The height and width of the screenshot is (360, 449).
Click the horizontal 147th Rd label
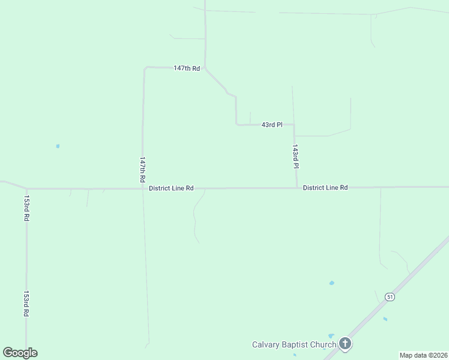click(x=186, y=68)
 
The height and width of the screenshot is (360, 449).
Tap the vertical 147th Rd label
click(x=142, y=170)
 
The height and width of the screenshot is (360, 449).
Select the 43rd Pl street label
click(x=271, y=125)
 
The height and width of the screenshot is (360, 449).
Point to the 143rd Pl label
click(x=295, y=156)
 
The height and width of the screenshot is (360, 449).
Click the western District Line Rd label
click(x=171, y=188)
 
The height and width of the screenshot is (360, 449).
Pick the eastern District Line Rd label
click(x=325, y=188)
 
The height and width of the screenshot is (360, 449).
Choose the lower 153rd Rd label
click(x=26, y=304)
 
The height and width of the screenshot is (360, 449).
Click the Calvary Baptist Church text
click(x=294, y=344)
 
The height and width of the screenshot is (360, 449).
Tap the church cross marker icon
click(x=345, y=344)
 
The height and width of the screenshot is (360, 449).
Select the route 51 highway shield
click(x=390, y=297)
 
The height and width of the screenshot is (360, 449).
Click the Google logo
click(x=20, y=353)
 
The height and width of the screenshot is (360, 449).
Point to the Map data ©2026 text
click(x=424, y=355)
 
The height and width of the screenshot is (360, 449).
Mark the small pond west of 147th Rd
click(x=58, y=146)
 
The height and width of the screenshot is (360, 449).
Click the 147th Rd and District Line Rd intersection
click(x=142, y=188)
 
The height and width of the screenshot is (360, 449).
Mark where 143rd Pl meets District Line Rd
click(x=297, y=188)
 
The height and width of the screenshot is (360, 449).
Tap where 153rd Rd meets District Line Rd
click(x=26, y=189)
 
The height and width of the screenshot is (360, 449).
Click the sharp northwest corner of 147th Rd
click(x=145, y=68)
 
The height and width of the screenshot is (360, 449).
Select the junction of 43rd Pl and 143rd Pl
click(x=294, y=125)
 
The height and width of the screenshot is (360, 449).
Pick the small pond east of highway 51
click(x=385, y=319)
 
